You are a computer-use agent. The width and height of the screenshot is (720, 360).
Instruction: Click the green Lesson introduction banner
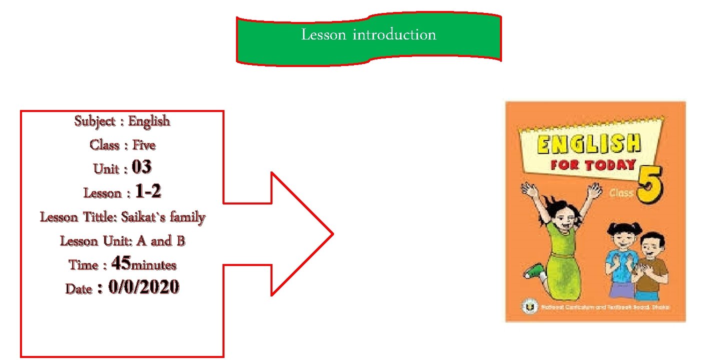point(368,39)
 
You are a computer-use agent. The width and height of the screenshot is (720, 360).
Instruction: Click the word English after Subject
point(149,121)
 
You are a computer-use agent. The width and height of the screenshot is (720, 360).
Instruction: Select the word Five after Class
point(144,145)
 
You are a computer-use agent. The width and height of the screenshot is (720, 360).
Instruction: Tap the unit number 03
point(141,168)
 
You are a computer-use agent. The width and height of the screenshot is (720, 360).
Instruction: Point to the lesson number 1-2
point(148,192)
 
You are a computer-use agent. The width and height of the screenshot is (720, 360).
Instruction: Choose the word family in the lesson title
point(187,218)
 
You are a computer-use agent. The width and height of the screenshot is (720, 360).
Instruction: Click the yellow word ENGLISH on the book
point(588,144)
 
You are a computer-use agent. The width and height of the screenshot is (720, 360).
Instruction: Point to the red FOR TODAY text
point(593,165)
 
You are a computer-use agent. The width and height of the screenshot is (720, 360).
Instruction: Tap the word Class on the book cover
point(621,192)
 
